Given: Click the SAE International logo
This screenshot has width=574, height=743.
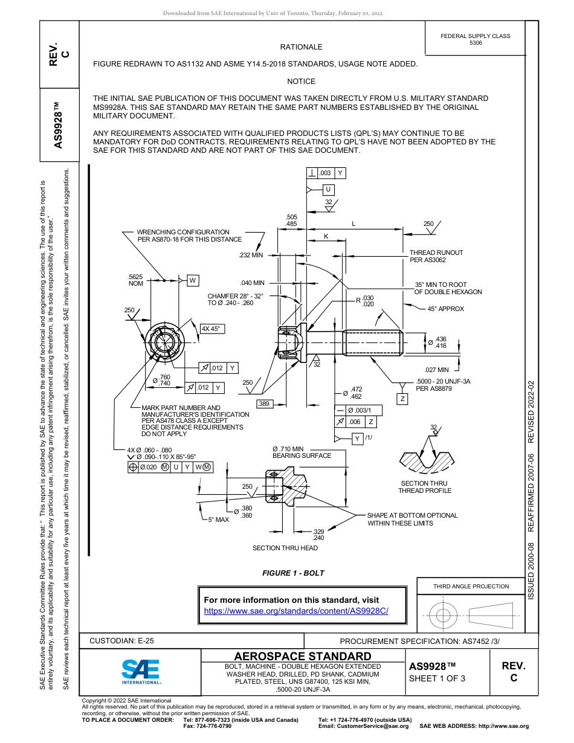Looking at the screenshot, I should (x=140, y=671).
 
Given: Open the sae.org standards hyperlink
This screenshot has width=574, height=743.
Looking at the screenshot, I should (x=296, y=611).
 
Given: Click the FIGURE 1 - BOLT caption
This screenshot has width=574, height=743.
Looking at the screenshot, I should (x=293, y=573).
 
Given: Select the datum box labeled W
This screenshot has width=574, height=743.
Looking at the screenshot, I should (x=192, y=280).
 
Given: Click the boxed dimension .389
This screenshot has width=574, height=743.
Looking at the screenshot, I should (x=263, y=403).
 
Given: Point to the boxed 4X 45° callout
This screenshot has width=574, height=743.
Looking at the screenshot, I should (x=211, y=329).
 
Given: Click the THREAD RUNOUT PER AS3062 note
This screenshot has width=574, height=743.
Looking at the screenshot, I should (x=436, y=256).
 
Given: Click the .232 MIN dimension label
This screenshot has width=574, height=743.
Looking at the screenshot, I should (x=251, y=256).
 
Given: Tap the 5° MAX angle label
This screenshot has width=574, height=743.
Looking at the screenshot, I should (x=218, y=519).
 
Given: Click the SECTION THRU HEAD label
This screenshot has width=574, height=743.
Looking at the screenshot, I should (x=285, y=548).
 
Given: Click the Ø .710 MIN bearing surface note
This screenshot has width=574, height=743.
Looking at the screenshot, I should (x=302, y=452).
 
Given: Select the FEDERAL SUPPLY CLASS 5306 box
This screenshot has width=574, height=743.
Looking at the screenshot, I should (x=475, y=39).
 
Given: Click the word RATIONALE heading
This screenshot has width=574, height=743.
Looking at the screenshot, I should (x=301, y=47).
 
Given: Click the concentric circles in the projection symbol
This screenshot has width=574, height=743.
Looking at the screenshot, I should (x=444, y=616).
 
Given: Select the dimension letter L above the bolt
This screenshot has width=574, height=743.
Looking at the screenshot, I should (x=353, y=224).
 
